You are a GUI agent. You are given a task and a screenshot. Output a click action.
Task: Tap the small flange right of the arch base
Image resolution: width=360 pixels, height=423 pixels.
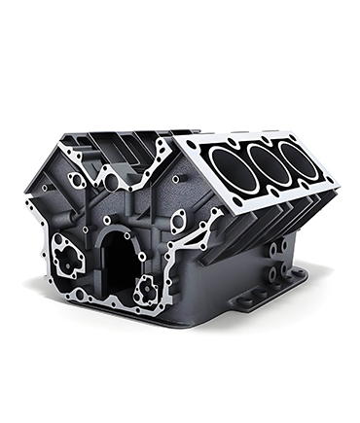point(147,288)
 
